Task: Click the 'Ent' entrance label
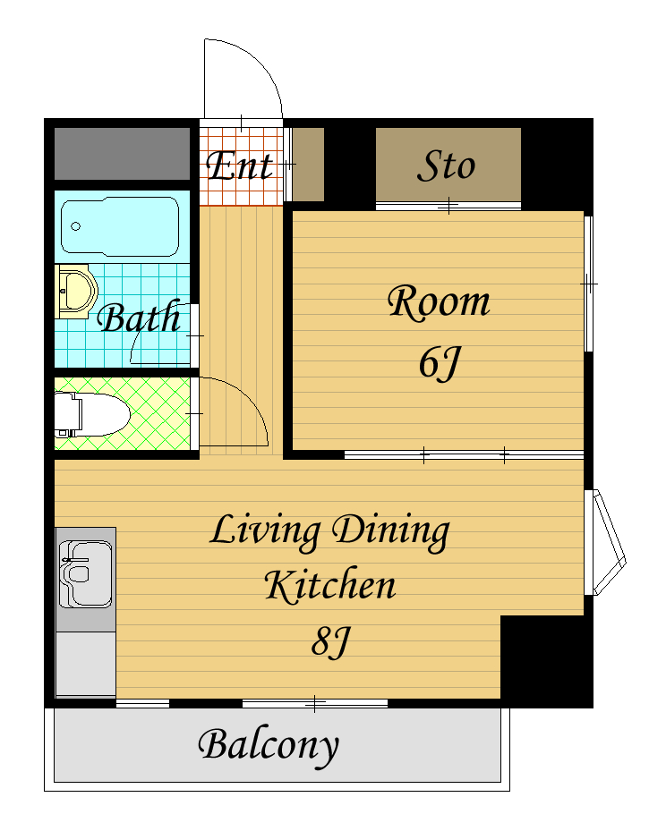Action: point(240,165)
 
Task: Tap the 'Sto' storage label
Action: point(446,165)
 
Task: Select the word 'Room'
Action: point(439,302)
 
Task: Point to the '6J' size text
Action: point(440,363)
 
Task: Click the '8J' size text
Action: point(331,641)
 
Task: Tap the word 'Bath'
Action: point(139,318)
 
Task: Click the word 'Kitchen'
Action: point(330,585)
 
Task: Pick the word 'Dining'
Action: point(391,532)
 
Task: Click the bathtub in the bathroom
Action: point(120,227)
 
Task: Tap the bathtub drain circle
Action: point(76,226)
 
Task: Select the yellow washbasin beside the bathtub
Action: point(76,292)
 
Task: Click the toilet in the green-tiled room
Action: point(92,414)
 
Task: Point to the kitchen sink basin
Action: point(86,575)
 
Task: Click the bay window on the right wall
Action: point(604,543)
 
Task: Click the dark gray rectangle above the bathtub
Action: point(122,154)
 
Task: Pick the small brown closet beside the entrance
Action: point(308,165)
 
